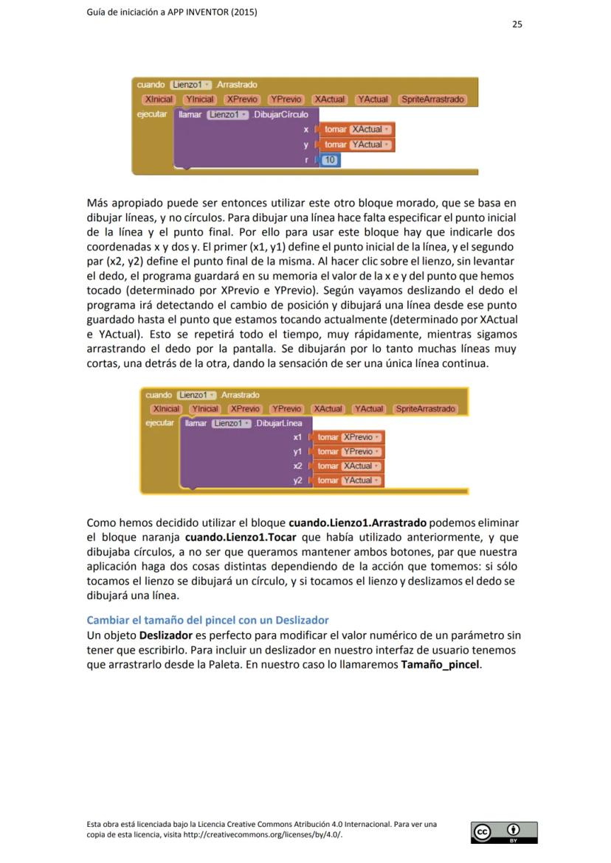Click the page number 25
click(x=517, y=24)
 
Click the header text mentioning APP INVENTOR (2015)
click(x=172, y=12)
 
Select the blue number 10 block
click(x=330, y=160)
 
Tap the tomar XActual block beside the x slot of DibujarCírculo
click(x=357, y=129)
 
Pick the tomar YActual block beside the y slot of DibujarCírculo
click(x=357, y=144)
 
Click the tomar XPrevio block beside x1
click(x=350, y=437)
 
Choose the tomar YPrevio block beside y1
click(x=350, y=452)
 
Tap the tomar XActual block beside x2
click(x=350, y=466)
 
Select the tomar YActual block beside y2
click(x=350, y=481)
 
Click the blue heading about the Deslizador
click(x=207, y=620)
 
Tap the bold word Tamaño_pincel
click(x=440, y=664)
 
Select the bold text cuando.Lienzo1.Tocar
click(x=241, y=537)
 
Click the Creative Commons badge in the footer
click(x=504, y=832)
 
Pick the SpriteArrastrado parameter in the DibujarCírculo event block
click(x=432, y=99)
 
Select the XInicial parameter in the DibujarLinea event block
click(x=165, y=408)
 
